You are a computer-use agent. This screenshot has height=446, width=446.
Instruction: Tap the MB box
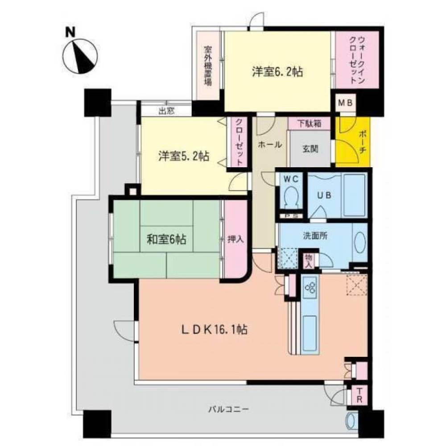tap(345, 103)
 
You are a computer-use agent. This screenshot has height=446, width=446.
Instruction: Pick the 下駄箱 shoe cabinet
tap(309, 123)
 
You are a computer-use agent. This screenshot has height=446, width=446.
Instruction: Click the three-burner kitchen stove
tap(310, 287)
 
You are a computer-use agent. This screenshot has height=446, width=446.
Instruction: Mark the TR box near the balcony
tap(359, 395)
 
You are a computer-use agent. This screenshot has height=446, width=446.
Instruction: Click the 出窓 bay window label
tap(166, 111)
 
